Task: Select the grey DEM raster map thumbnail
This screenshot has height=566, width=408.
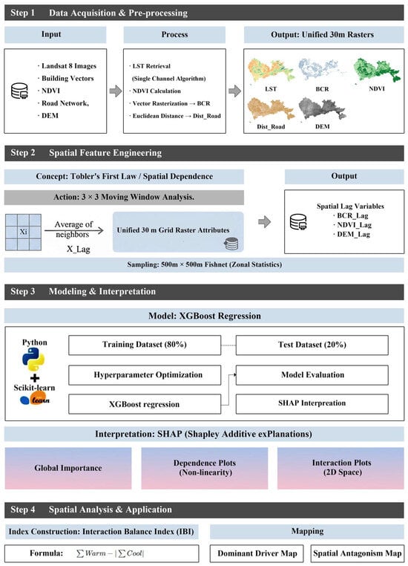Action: click(322, 108)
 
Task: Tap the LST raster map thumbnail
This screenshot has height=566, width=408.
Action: click(271, 71)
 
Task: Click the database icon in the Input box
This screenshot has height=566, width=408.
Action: click(19, 91)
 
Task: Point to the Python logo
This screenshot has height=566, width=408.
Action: click(33, 360)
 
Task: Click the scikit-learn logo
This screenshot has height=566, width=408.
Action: click(35, 399)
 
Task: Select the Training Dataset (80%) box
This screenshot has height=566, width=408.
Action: click(145, 345)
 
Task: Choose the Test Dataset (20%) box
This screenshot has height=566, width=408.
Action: click(312, 345)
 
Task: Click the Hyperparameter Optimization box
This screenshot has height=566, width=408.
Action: click(145, 375)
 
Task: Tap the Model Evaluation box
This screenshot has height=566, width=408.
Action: click(312, 375)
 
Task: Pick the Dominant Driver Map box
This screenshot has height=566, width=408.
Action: click(257, 553)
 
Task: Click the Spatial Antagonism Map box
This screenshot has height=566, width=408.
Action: click(357, 553)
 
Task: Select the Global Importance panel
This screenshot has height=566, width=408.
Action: click(68, 468)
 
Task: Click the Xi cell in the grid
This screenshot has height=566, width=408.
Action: click(24, 232)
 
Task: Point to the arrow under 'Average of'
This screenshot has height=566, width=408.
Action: click(74, 230)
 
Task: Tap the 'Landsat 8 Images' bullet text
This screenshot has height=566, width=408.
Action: click(67, 65)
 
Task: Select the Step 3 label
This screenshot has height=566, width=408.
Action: click(23, 291)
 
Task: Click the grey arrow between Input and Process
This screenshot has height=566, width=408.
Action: click(116, 91)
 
